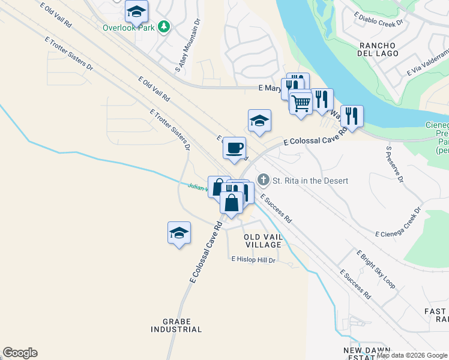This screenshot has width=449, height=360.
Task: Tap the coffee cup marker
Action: (x=234, y=148)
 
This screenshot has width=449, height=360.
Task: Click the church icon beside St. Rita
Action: (x=263, y=180)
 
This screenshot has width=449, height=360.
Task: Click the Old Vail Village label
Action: (x=263, y=241)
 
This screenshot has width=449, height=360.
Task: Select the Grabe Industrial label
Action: (x=176, y=325)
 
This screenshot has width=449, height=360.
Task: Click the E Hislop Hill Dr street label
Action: (x=253, y=260)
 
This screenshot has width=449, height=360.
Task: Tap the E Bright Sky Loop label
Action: (x=376, y=269)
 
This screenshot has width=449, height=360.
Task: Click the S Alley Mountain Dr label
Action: (x=186, y=47)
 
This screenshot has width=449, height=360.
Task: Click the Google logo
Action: (x=20, y=353)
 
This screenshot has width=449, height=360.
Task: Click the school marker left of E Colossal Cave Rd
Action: (x=179, y=233)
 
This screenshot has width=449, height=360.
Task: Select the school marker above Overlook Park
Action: (x=137, y=11)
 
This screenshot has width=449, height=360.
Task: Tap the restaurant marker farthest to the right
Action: (x=352, y=116)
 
